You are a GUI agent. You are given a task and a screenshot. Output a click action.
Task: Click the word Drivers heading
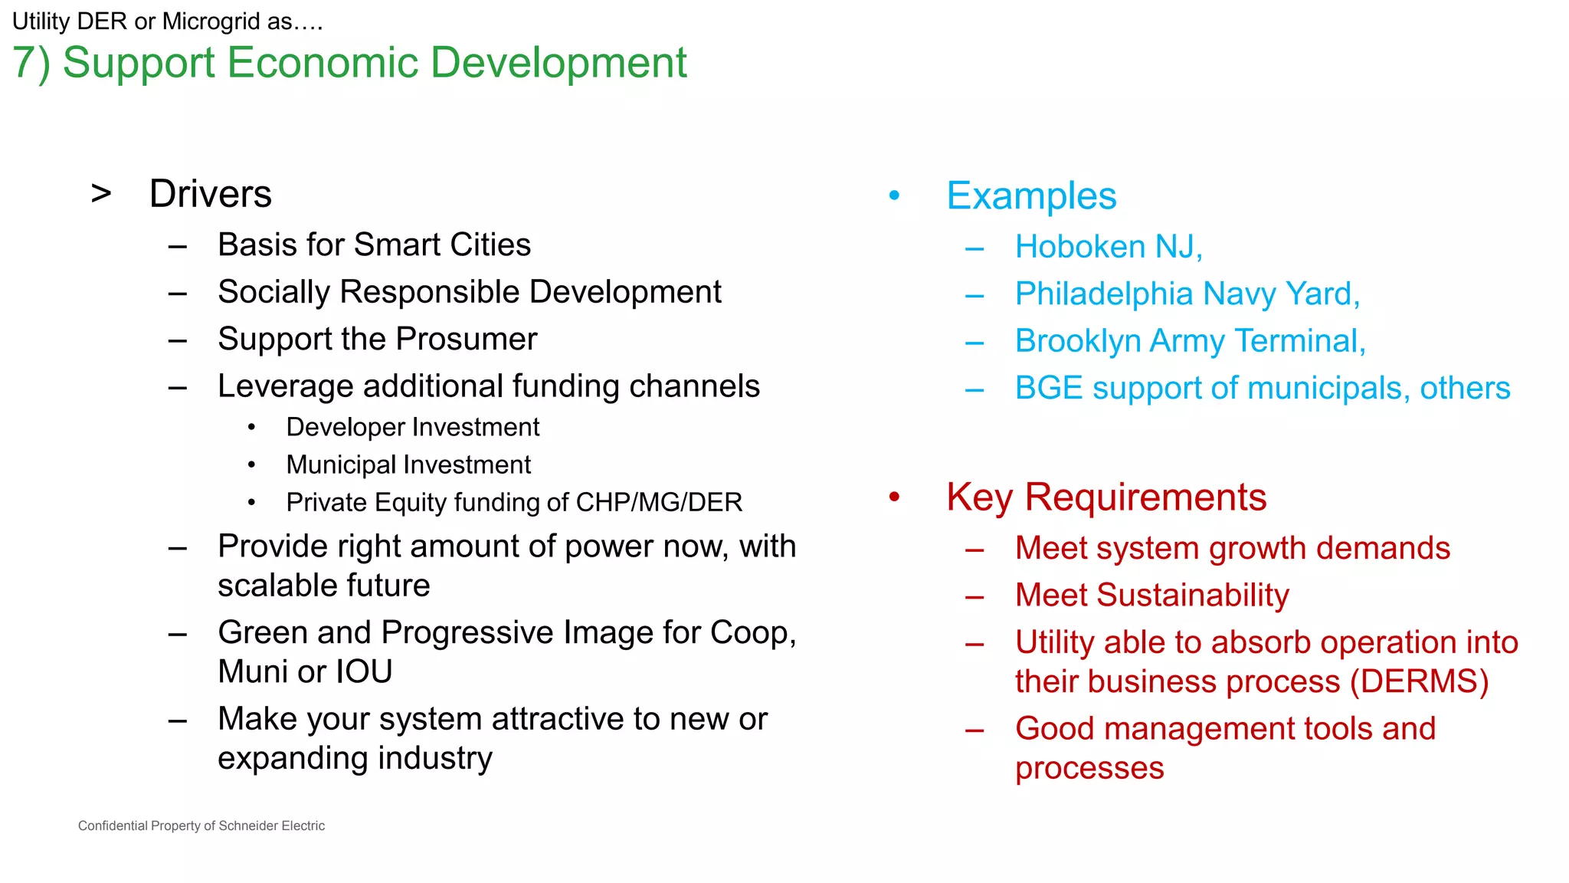coord(210,194)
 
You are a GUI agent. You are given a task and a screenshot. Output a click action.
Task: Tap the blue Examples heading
coord(1031,196)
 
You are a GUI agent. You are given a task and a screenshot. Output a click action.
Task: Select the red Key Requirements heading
coord(1106,497)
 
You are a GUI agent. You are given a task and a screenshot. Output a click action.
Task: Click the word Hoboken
coord(1080,247)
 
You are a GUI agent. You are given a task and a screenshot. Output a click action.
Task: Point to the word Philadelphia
coord(1104,294)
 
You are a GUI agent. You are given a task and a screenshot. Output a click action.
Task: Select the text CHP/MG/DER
coord(659,503)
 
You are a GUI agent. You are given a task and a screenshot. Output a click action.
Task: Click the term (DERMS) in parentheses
coord(1419,681)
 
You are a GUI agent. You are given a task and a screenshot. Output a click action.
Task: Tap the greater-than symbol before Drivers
coord(101,194)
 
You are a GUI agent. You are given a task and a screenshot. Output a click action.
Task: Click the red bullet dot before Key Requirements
coord(894,497)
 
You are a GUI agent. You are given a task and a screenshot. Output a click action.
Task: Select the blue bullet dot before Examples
coord(894,196)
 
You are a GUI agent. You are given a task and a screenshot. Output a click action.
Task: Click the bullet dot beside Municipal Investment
coord(251,465)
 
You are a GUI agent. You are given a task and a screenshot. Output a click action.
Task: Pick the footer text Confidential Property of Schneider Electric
coord(201,826)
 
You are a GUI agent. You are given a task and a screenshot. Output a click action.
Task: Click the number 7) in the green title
coord(31,63)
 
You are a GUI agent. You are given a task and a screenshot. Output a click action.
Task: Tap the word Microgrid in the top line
coord(211,21)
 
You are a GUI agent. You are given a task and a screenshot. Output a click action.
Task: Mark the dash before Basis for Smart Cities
coord(178,247)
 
